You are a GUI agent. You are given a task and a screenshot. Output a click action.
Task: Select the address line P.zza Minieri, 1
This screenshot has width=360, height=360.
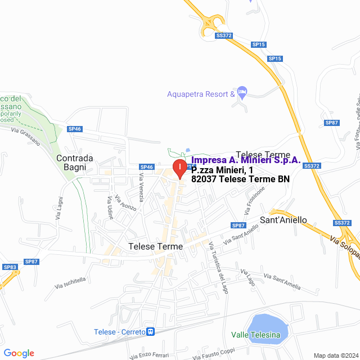[x=222, y=170]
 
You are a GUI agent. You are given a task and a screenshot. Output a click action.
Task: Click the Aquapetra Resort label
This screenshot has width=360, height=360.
[x=201, y=94]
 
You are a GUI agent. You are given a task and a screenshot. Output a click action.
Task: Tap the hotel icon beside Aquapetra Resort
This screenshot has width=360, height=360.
[x=242, y=91]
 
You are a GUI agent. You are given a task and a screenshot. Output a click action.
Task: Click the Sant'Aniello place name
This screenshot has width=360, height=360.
[x=283, y=220]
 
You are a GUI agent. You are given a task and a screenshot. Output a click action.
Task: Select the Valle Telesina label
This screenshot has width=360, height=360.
[x=255, y=335]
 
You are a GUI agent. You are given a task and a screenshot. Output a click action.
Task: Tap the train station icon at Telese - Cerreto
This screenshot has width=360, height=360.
[x=150, y=332]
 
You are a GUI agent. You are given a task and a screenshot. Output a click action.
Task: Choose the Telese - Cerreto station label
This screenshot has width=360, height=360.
[x=119, y=332]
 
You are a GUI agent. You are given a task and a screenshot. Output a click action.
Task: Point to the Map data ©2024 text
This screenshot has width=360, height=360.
[x=335, y=355]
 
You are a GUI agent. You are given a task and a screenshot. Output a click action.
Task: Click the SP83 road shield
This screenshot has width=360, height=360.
[x=10, y=267]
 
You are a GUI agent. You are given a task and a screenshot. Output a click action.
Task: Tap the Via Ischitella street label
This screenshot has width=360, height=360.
[x=71, y=283]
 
